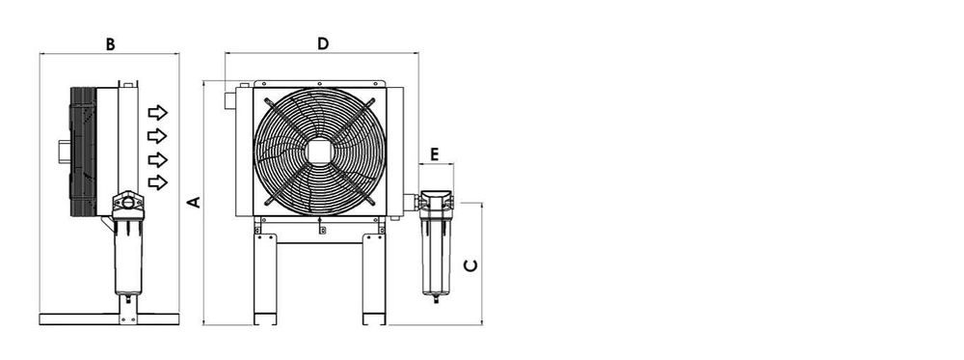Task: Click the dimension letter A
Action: (193, 203)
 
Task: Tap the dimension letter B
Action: (110, 43)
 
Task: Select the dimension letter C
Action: (470, 264)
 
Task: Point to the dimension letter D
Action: (323, 43)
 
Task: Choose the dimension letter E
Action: (435, 154)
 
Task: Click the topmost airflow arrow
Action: (157, 113)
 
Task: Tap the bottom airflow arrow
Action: (157, 182)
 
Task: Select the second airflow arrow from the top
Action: (157, 136)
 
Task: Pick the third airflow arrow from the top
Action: (157, 159)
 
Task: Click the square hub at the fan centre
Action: (320, 152)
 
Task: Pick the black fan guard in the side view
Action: (83, 152)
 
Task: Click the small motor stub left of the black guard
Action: (62, 152)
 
